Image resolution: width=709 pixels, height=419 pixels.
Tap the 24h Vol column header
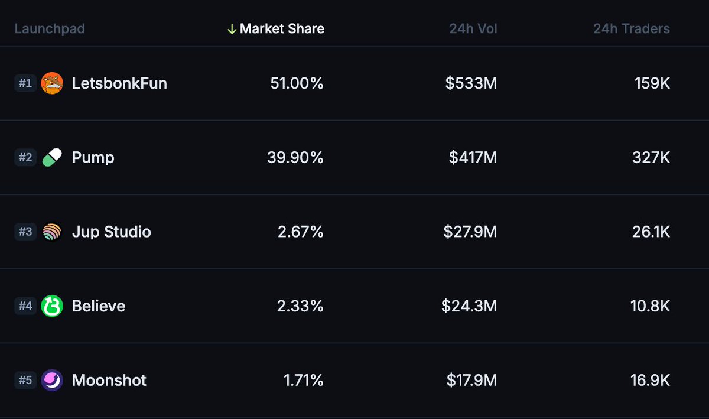click(473, 28)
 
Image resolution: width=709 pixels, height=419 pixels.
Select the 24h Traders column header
click(632, 28)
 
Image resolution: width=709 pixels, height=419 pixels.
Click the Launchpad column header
click(50, 28)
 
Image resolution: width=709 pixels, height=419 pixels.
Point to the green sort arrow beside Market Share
click(232, 28)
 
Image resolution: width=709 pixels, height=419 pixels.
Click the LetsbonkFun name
click(119, 83)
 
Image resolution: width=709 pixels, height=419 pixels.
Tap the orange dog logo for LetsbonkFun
click(52, 83)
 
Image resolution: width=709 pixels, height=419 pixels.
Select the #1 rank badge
click(25, 83)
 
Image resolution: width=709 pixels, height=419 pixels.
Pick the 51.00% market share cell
click(297, 83)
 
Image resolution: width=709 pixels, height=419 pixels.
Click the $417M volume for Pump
click(473, 158)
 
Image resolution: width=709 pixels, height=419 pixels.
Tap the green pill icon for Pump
click(52, 158)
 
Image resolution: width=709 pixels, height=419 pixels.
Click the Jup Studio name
click(111, 232)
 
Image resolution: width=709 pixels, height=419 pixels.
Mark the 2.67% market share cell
click(300, 232)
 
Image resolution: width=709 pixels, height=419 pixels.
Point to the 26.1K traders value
click(651, 232)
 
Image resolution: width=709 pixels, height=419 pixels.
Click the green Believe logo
click(52, 306)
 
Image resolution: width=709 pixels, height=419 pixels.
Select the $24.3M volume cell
click(469, 306)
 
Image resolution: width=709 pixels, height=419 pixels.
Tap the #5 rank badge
click(25, 380)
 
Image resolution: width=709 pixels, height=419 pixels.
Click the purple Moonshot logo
click(52, 380)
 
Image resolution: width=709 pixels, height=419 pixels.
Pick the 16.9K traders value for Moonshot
click(651, 380)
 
